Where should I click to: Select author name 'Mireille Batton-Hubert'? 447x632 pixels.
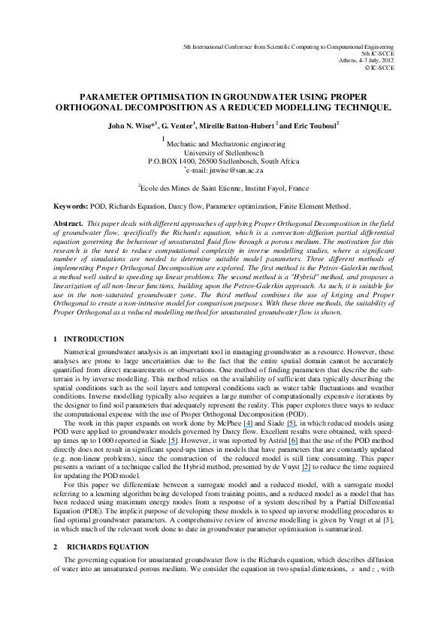pos(240,126)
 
